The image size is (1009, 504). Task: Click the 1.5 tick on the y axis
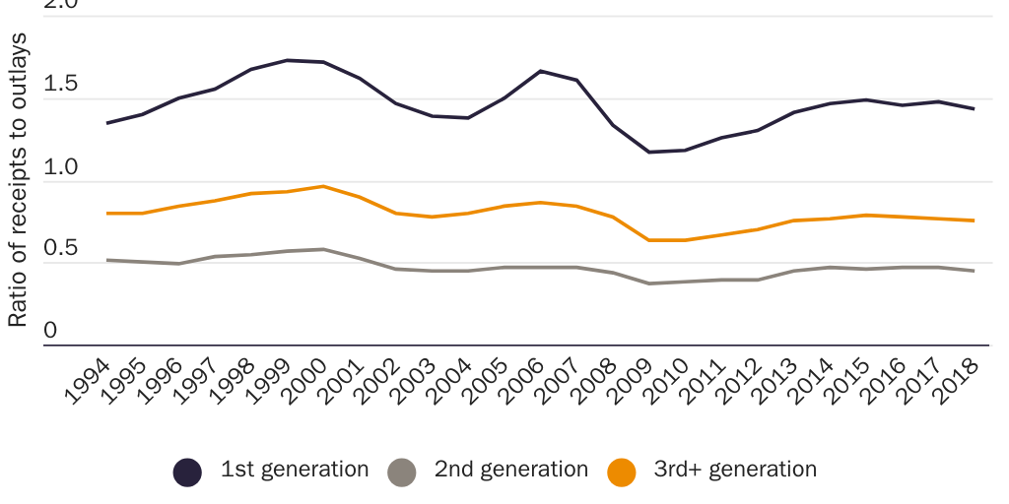(x=60, y=84)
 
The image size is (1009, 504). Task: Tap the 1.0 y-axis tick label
(x=60, y=166)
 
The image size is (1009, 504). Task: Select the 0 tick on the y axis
(x=50, y=331)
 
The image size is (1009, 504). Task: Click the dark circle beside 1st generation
(x=187, y=472)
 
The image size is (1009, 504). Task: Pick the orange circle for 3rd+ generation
(x=622, y=472)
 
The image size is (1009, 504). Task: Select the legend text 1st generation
(x=295, y=470)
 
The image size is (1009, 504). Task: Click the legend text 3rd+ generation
(x=735, y=470)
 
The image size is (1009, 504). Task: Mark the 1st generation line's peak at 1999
(x=287, y=60)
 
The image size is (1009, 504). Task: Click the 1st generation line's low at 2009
(x=649, y=152)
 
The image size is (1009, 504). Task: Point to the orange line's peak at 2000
(x=322, y=186)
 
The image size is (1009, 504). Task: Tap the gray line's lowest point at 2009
(x=649, y=283)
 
